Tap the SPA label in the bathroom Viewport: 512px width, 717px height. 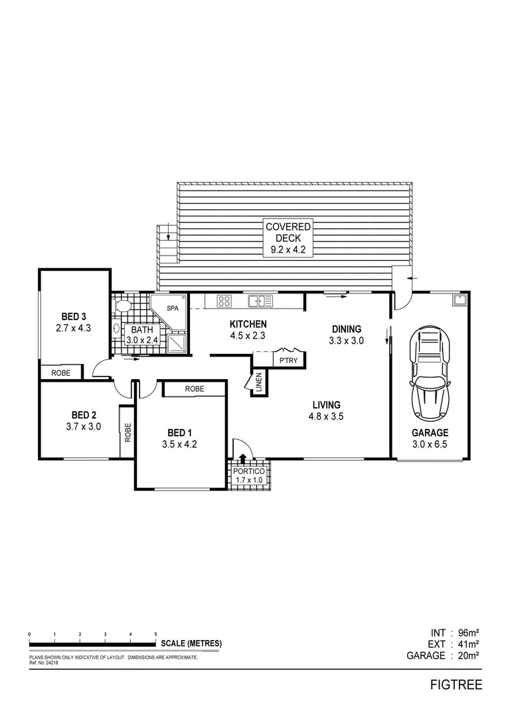[x=172, y=309]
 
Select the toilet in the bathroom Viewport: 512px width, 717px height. [x=122, y=307]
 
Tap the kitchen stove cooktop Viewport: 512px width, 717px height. [x=224, y=301]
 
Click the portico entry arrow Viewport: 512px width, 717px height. [x=242, y=457]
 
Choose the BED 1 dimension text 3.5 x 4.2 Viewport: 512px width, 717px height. [x=179, y=445]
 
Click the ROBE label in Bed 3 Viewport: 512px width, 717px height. [x=60, y=373]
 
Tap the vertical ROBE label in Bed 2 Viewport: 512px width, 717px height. [x=128, y=432]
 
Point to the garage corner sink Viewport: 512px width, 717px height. [x=458, y=300]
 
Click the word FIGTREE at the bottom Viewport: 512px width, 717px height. [x=455, y=684]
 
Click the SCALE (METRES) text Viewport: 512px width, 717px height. [x=191, y=643]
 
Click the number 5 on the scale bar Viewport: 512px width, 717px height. [x=155, y=635]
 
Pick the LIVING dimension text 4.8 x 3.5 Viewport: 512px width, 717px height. [x=325, y=417]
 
